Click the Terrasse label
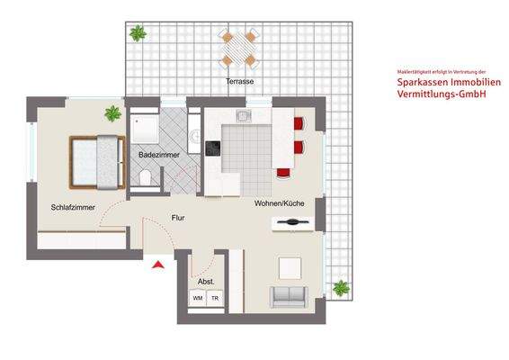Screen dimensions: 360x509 239,82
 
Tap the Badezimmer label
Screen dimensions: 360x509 159,156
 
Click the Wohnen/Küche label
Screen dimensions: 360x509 279,203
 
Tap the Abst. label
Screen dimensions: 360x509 206,282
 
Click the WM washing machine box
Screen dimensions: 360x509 197,298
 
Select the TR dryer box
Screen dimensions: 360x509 214,298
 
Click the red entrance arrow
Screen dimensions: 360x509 158,265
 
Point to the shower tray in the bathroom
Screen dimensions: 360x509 145,130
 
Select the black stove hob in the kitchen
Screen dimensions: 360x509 213,148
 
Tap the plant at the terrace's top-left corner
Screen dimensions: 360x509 138,34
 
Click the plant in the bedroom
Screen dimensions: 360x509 112,114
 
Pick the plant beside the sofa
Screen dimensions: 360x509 341,288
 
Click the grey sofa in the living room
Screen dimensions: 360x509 290,295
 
